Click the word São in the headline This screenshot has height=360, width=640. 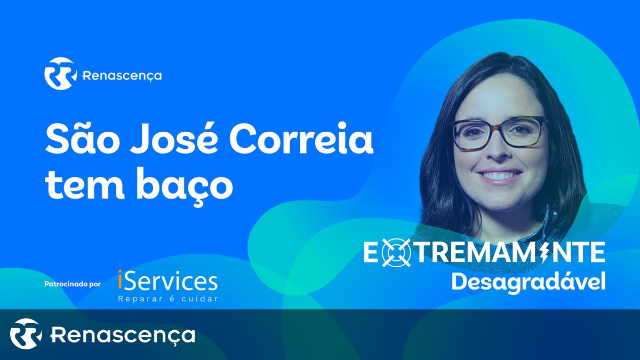pyautogui.click(x=81, y=139)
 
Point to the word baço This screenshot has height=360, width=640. pyautogui.click(x=186, y=186)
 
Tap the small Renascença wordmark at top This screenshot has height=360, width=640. pyautogui.click(x=122, y=76)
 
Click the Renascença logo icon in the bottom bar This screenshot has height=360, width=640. pyautogui.click(x=26, y=334)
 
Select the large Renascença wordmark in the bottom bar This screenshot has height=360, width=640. pyautogui.click(x=123, y=335)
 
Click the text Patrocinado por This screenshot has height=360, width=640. pyautogui.click(x=73, y=284)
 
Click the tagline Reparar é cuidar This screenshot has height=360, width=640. pyautogui.click(x=168, y=299)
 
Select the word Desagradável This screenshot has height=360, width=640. pyautogui.click(x=529, y=282)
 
